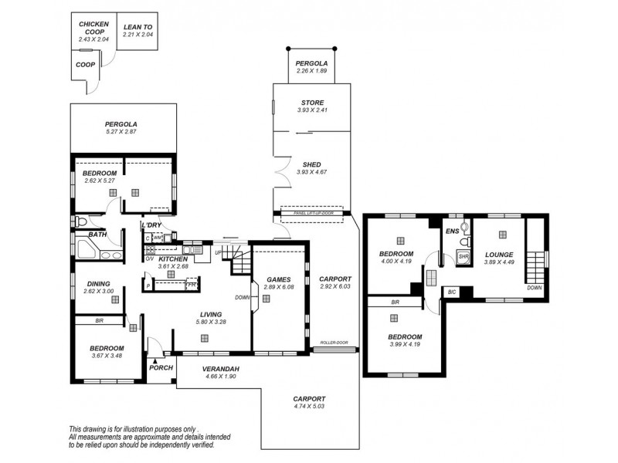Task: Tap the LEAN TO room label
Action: click(138, 25)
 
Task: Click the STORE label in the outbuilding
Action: click(312, 102)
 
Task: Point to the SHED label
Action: click(312, 164)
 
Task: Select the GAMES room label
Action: click(277, 279)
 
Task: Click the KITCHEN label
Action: click(173, 259)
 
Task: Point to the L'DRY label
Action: click(150, 225)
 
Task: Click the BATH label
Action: click(97, 234)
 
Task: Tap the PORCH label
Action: click(160, 367)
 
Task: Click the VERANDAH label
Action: click(220, 368)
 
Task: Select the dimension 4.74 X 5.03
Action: click(309, 407)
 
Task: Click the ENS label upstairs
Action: click(453, 231)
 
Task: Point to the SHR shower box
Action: click(463, 257)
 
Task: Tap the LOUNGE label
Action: click(498, 254)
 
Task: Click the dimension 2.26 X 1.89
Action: click(312, 72)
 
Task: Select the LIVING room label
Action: click(211, 314)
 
